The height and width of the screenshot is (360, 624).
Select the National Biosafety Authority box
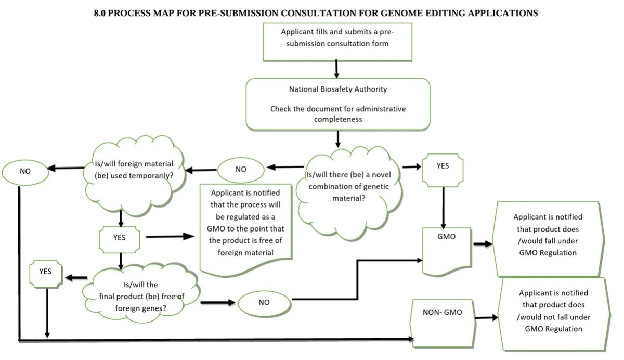pos(337,104)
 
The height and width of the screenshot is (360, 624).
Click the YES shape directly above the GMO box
pos(443,169)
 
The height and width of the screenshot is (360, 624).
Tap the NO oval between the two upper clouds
pos(241,170)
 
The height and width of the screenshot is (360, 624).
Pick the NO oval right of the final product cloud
pos(264,302)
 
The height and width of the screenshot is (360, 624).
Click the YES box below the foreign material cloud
pos(120,239)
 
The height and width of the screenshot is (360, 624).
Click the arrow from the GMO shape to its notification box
pos(482,244)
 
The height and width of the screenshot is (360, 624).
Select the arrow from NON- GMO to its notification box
pos(486,317)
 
